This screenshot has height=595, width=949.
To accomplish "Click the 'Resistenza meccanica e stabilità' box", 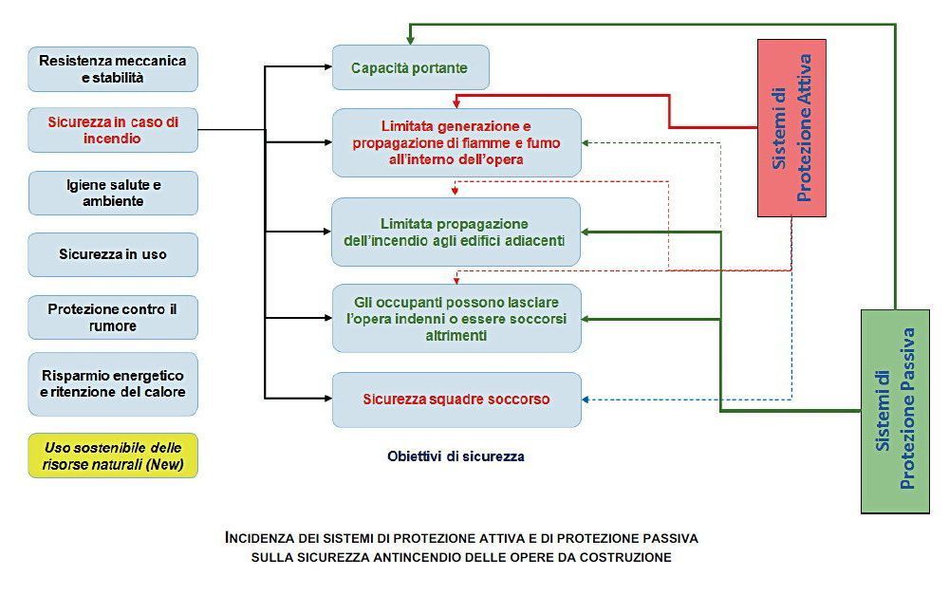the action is (113, 69).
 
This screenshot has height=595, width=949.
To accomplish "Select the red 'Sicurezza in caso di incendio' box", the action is (113, 130).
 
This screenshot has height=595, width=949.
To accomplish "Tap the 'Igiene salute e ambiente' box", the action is (113, 193).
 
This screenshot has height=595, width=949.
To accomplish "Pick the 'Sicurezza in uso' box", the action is (113, 254).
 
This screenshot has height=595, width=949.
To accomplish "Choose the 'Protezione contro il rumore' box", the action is (113, 317).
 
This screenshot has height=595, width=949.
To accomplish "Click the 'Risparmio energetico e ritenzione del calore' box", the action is (113, 383).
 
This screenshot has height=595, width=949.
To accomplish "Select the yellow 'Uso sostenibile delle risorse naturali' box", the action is (113, 456).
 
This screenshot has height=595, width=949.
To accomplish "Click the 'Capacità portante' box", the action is (410, 67).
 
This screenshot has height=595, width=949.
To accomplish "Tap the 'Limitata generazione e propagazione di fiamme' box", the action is (456, 143).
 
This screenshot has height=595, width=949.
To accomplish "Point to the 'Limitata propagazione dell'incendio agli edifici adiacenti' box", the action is (456, 232).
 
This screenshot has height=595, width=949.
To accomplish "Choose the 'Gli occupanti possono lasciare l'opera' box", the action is (456, 319).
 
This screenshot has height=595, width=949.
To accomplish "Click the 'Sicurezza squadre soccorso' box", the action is (456, 400).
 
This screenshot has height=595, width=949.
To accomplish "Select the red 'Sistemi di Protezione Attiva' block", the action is (791, 128).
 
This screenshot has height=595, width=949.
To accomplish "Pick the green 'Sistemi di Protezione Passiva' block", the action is (895, 412).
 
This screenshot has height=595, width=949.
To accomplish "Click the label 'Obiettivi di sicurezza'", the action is (456, 456).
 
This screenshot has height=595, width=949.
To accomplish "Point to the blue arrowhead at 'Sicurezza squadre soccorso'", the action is (586, 400).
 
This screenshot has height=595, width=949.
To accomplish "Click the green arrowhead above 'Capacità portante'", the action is (410, 40).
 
